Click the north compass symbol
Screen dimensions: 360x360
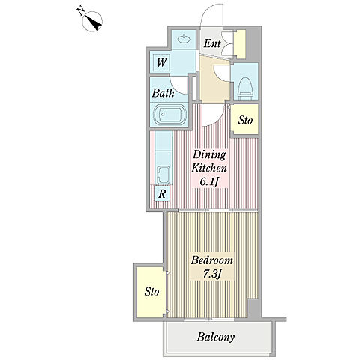click(x=91, y=21)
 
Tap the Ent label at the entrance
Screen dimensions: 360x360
click(x=212, y=43)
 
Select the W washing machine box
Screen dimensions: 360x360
click(x=161, y=62)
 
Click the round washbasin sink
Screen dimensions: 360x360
click(x=184, y=39)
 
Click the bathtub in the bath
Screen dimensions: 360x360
click(x=169, y=115)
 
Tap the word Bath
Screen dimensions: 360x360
click(x=163, y=93)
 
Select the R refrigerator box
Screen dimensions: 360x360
click(x=162, y=193)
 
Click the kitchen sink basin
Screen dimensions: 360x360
click(x=163, y=175)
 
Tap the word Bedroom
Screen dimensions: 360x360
click(x=211, y=260)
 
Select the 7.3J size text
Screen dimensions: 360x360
click(x=212, y=274)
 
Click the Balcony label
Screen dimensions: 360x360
click(x=215, y=337)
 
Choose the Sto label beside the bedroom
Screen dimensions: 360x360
click(x=151, y=292)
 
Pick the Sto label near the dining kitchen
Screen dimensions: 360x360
click(x=245, y=121)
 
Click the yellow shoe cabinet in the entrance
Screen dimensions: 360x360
click(x=241, y=44)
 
